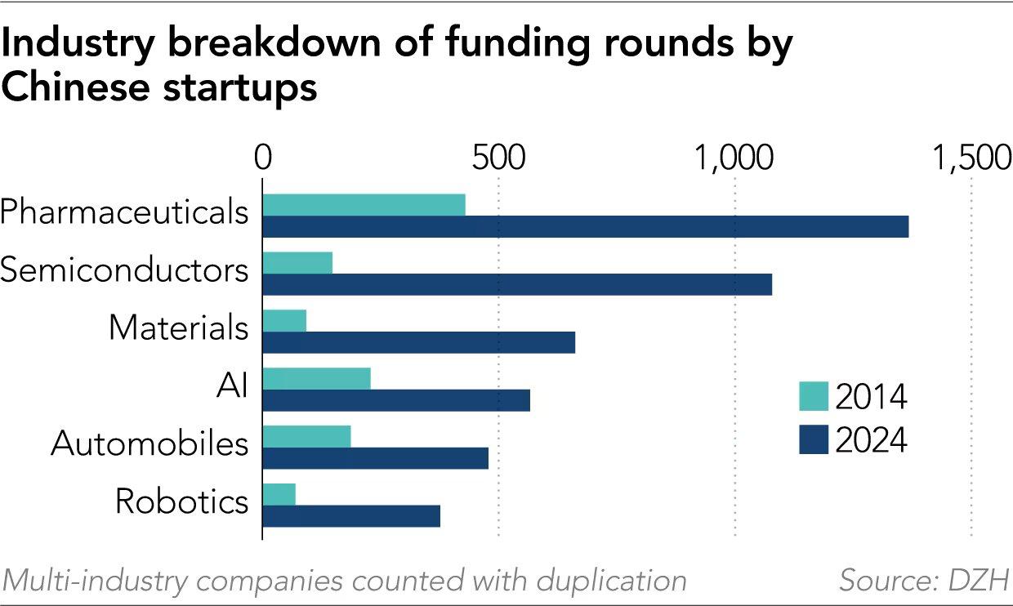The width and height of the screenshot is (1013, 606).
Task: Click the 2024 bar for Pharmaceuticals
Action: pos(585,227)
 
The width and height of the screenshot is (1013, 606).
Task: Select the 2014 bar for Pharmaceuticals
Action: pos(364,205)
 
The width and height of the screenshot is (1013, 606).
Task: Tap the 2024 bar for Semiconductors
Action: pos(517,284)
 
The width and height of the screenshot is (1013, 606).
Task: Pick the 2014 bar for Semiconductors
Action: pos(297,263)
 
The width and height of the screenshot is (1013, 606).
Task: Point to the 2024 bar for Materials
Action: pos(418,342)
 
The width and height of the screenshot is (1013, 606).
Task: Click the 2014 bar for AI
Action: pos(316,379)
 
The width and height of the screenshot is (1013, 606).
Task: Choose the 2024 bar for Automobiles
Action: pos(375,457)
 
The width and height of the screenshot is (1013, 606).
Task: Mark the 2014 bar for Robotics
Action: pos(279,494)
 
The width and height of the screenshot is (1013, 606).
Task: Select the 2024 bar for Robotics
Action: pos(351,515)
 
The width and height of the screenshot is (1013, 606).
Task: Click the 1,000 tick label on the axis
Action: pos(735,158)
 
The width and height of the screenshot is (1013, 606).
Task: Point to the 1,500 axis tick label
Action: pos(974,158)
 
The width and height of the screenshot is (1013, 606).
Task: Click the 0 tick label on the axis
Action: pos(262,158)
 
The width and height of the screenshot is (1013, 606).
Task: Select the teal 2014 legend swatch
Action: pos(813,398)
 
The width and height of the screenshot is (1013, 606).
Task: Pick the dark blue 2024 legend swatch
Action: pos(813,440)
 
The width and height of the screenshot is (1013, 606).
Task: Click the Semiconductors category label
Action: pos(124,270)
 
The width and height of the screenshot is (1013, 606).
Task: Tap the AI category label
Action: pos(232,385)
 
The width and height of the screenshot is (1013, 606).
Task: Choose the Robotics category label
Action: pos(181,501)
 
